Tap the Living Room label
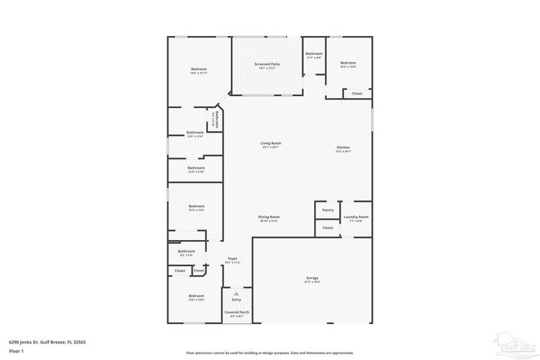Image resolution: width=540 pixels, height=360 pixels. pos(271,142)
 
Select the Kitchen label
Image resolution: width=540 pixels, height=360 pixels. pos(343,148)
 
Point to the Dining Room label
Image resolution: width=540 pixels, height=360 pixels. pos(268,217)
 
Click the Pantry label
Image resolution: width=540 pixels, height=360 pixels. pos(328,210)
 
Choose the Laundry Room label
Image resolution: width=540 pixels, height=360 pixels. pos(355,217)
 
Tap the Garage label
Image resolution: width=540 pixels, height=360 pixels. pos(311,278)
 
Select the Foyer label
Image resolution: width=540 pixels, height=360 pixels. pos(232,259)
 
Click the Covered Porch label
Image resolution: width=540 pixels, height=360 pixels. pos(237,312)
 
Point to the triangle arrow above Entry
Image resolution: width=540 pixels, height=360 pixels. pos(236,293)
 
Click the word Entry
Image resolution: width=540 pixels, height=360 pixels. pos(236,299)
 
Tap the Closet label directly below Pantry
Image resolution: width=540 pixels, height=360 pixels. pos(328,227)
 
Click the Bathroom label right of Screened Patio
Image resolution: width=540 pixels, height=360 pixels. pos(313,54)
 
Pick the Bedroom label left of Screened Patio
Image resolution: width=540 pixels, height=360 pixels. pos(198,69)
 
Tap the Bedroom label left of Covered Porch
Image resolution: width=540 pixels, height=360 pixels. pos(196,296)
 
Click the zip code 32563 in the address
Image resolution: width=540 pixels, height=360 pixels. pos(79,341)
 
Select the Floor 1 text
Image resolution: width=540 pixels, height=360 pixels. pos(16,351)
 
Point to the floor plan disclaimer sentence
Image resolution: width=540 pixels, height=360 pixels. pos(270,352)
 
